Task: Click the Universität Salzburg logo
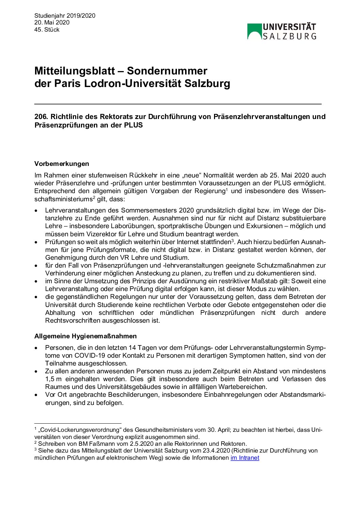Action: click(x=282, y=31)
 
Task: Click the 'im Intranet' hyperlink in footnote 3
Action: click(x=245, y=458)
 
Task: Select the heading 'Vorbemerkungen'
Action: click(x=62, y=164)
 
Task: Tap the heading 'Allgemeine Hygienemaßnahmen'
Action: click(x=85, y=336)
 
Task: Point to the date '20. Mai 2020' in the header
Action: click(x=52, y=22)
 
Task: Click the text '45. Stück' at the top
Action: click(x=47, y=30)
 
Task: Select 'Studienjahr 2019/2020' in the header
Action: click(x=65, y=16)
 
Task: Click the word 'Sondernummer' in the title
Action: click(x=167, y=71)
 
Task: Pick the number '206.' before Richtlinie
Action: click(x=41, y=117)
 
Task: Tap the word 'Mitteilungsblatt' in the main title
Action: click(x=75, y=71)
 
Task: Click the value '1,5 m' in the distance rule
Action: click(x=53, y=379)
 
